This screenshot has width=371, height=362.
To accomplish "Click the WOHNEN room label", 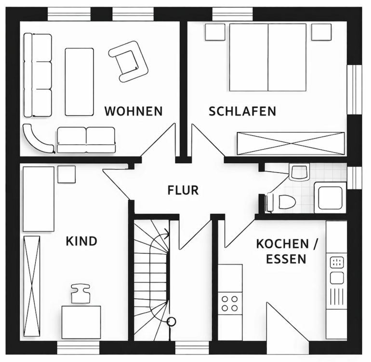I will pos(133,111).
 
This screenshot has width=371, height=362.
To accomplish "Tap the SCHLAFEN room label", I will pos(242,111).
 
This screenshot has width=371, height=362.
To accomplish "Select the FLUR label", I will pos(183,190).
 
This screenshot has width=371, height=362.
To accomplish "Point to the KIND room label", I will pos(81,241).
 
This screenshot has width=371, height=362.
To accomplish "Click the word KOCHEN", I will pos(282,244).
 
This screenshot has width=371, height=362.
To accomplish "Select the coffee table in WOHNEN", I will pos(79,81).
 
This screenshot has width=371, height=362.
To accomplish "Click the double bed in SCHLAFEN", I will pos(267,57).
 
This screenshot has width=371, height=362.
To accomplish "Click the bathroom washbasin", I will pos(298,172).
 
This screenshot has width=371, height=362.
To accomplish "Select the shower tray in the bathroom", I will pos(330,197).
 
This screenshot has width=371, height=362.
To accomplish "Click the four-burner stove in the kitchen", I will pos(230,303).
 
